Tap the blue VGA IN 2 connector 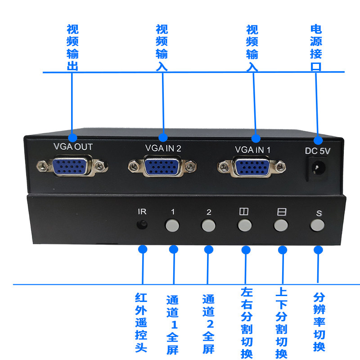(x=162, y=166)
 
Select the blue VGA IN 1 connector (x=251, y=167)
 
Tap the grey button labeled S (x=318, y=225)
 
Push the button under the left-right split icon (x=244, y=225)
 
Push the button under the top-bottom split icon (x=281, y=225)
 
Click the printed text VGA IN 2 (x=163, y=147)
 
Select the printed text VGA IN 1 (x=253, y=148)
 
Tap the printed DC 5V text (x=318, y=151)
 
